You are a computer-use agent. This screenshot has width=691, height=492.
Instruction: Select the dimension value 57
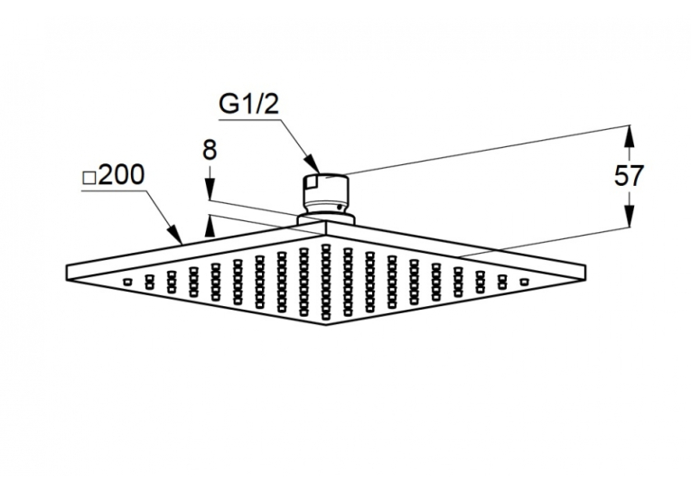[x=629, y=176]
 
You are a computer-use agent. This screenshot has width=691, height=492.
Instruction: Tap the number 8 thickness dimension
[x=210, y=150]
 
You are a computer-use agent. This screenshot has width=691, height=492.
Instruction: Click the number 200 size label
[x=120, y=174]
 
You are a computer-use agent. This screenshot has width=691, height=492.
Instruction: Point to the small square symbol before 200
[x=89, y=178]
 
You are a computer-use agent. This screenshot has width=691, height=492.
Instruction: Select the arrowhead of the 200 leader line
[x=175, y=235]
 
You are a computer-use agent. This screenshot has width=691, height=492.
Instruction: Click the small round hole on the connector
[x=339, y=207]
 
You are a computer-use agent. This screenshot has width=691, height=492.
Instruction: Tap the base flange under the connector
[x=326, y=219]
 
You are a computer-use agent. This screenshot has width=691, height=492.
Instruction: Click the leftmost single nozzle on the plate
[x=127, y=282]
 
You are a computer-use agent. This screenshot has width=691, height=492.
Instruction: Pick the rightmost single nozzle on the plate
[x=524, y=282]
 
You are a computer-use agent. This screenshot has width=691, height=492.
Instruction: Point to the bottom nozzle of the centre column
[x=326, y=316]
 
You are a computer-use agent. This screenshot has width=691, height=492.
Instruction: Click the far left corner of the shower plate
[x=67, y=265]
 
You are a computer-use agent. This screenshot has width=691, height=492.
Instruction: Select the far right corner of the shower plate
[x=586, y=265]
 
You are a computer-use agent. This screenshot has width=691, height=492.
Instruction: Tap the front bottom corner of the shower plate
[x=326, y=325]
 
